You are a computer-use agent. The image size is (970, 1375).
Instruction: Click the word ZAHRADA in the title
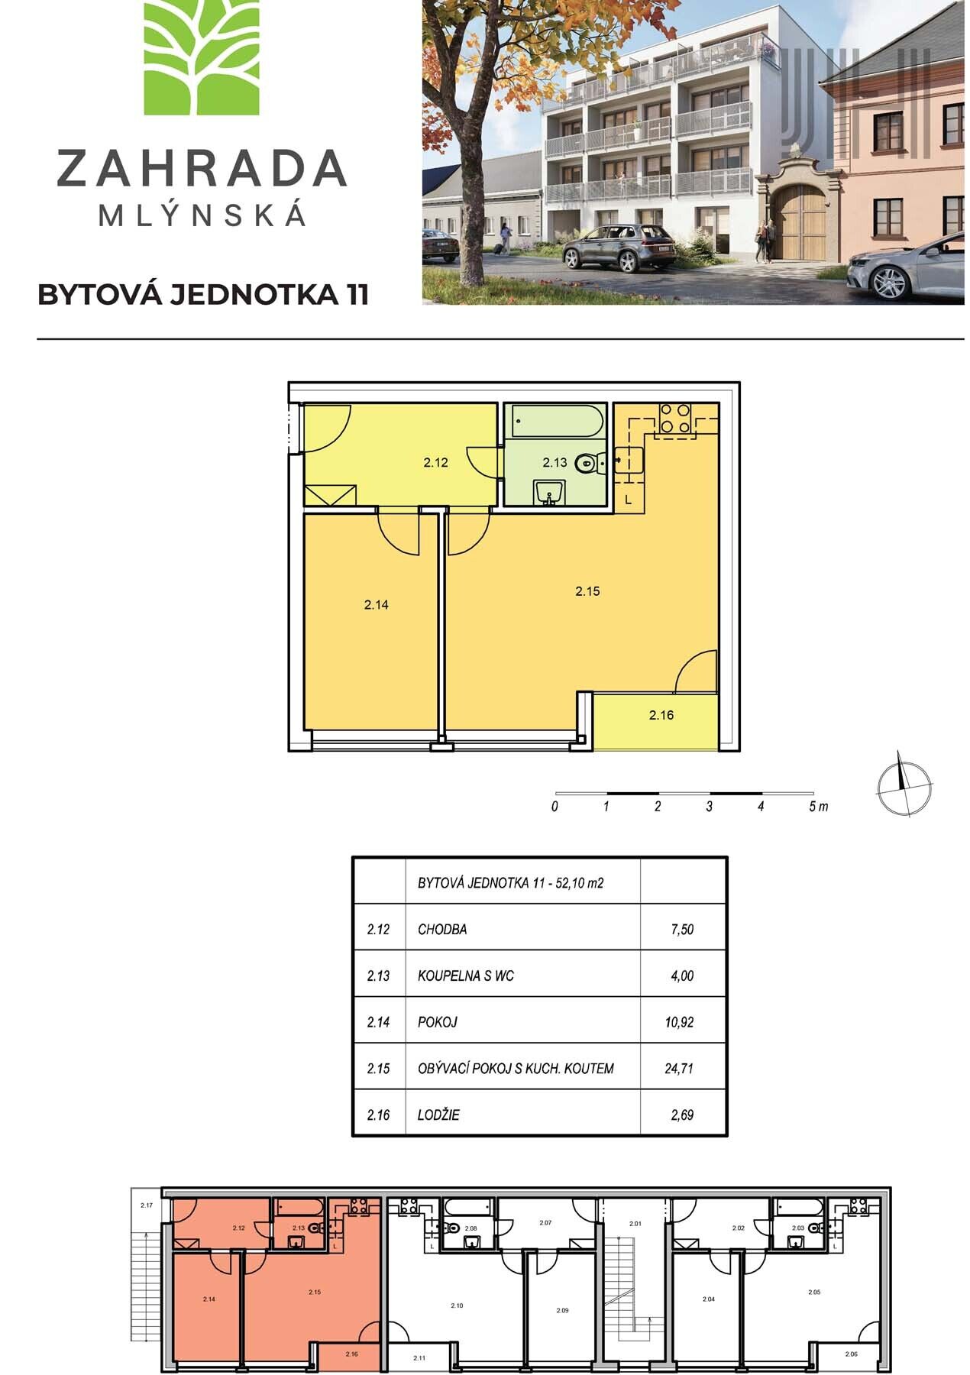click(x=202, y=169)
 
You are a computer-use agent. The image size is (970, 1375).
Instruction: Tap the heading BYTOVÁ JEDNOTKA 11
click(x=203, y=295)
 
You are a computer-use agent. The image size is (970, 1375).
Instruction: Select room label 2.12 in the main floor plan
click(x=435, y=462)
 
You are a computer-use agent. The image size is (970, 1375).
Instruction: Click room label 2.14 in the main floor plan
click(x=377, y=604)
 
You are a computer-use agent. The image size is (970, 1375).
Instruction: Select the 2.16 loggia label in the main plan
click(x=661, y=716)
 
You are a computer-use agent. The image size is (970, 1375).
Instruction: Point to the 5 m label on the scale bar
click(x=818, y=807)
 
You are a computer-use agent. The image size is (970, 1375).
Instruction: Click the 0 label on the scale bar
click(x=555, y=807)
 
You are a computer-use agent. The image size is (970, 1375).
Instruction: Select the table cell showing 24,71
click(x=679, y=1068)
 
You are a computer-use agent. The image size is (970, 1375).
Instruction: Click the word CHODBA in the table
click(x=442, y=930)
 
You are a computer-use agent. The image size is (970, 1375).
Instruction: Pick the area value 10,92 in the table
click(x=679, y=1021)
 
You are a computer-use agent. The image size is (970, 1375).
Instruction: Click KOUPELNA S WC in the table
click(x=467, y=975)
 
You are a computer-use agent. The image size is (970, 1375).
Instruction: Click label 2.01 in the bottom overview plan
click(x=635, y=1224)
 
